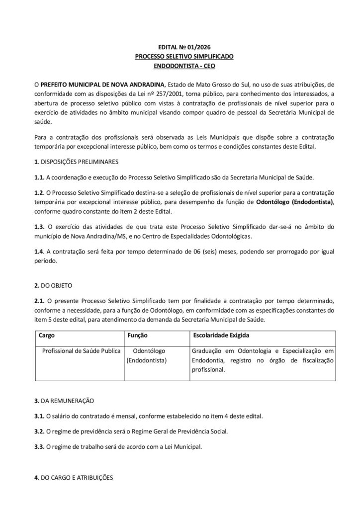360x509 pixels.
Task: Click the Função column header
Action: tap(138, 336)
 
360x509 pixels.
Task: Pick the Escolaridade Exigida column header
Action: tap(221, 336)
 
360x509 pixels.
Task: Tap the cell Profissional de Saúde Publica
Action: tap(82, 351)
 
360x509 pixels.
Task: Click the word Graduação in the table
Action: tap(208, 351)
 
